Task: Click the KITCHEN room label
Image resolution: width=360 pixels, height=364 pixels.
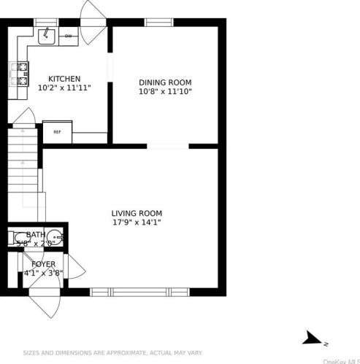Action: point(64,79)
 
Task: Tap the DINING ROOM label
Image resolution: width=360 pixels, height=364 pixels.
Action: point(166,82)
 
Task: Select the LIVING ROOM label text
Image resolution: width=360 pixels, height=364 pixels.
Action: point(137,213)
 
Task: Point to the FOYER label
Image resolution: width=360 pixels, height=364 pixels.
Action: point(43,264)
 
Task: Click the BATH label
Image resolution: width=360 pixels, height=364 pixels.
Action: point(36,235)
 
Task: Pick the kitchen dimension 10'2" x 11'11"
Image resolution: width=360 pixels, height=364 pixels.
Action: point(64,88)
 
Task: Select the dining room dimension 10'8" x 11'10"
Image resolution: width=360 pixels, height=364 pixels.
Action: point(166,92)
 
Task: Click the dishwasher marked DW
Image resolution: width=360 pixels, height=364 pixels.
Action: point(69,36)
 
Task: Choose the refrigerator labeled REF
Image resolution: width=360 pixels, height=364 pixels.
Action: point(57,132)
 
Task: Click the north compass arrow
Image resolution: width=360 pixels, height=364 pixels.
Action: point(315,337)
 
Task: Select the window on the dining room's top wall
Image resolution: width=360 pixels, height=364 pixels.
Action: point(158,22)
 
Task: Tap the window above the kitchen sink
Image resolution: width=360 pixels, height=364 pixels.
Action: point(46,22)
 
